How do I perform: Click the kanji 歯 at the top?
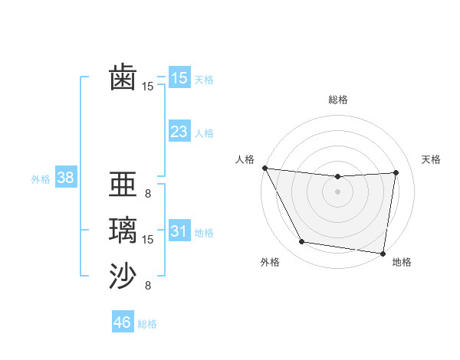123,77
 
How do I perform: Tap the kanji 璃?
123,231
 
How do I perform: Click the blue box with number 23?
179,132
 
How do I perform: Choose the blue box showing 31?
179,231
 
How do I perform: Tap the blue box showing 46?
122,322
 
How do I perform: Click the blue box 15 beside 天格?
179,78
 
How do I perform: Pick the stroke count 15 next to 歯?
148,87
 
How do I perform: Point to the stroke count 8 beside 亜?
148,194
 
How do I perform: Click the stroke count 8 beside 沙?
148,286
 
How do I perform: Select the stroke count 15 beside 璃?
148,240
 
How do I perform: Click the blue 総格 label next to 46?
147,324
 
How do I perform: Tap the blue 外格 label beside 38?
41,179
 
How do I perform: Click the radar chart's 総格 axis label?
337,100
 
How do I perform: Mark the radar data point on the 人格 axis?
264,168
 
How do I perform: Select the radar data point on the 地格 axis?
383,253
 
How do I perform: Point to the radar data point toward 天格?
396,172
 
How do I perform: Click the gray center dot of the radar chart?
337,191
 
